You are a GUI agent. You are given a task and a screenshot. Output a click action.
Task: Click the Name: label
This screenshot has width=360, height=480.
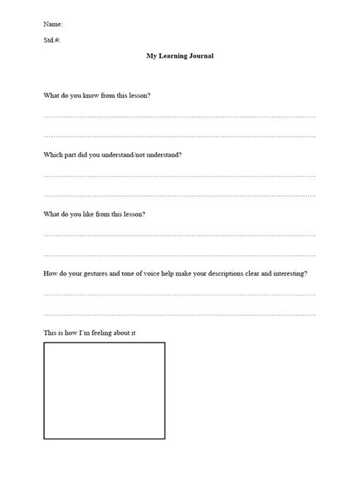click(x=52, y=24)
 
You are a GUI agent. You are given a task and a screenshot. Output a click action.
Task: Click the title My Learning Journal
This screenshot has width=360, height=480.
click(x=180, y=55)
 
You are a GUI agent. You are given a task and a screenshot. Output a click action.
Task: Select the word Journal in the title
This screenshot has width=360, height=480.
click(x=201, y=55)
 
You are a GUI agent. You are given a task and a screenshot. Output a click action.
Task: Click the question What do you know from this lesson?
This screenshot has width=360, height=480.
click(x=96, y=96)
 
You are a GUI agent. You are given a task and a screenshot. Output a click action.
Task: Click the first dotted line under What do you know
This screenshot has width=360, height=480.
click(x=179, y=117)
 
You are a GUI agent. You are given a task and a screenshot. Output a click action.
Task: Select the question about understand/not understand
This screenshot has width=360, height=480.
click(x=112, y=155)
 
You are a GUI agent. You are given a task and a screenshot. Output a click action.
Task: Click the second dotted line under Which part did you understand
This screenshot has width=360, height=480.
click(x=179, y=195)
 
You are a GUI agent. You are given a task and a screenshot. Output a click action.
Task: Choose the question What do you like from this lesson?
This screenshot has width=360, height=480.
click(x=94, y=214)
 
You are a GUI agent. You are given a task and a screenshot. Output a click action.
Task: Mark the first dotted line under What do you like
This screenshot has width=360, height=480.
click(x=179, y=235)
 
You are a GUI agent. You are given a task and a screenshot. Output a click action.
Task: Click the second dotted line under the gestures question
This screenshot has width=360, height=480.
click(x=179, y=314)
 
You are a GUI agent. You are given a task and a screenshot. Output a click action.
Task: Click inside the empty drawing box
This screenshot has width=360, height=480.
click(x=104, y=390)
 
